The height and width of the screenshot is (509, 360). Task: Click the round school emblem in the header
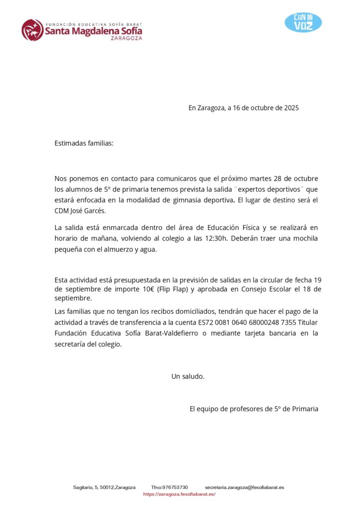pyautogui.click(x=32, y=30)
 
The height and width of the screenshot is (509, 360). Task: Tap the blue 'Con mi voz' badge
pyautogui.click(x=303, y=22)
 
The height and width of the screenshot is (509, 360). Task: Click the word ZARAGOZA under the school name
pyautogui.click(x=126, y=38)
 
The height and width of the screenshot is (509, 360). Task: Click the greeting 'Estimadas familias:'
pyautogui.click(x=84, y=143)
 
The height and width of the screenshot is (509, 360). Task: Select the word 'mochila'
pyautogui.click(x=305, y=239)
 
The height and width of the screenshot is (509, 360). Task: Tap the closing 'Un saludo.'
pyautogui.click(x=188, y=376)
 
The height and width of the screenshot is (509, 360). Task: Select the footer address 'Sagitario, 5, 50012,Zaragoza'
pyautogui.click(x=104, y=488)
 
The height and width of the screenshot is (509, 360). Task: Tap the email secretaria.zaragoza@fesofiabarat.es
pyautogui.click(x=244, y=488)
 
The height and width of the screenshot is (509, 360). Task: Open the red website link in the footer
pyautogui.click(x=180, y=494)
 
